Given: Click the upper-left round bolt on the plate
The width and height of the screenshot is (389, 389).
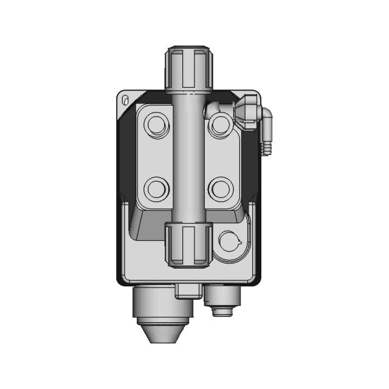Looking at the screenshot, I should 156,126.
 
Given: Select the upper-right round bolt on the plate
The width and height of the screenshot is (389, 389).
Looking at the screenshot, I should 220,126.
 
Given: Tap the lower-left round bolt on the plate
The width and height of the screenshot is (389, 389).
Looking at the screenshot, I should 156,188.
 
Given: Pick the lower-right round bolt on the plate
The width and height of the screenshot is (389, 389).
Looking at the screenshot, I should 220,188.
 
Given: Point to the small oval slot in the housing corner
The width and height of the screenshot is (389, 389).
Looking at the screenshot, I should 125,100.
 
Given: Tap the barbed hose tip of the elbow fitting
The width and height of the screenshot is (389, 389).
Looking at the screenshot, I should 266,146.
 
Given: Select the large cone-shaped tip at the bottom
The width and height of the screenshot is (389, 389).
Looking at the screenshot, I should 163,331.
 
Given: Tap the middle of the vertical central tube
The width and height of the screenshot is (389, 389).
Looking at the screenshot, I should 189,158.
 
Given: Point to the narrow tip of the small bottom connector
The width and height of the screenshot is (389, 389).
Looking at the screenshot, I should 222,312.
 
